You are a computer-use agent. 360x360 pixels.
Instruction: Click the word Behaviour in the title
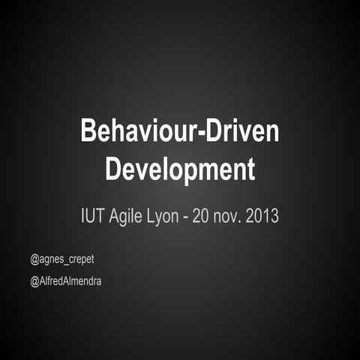tap(133, 132)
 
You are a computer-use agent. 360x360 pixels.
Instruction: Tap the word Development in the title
tap(180, 168)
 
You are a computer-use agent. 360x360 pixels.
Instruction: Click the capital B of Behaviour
tap(88, 132)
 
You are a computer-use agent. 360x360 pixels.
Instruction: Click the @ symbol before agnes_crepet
tap(34, 259)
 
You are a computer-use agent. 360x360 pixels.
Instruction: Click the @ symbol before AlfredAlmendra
tap(34, 281)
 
